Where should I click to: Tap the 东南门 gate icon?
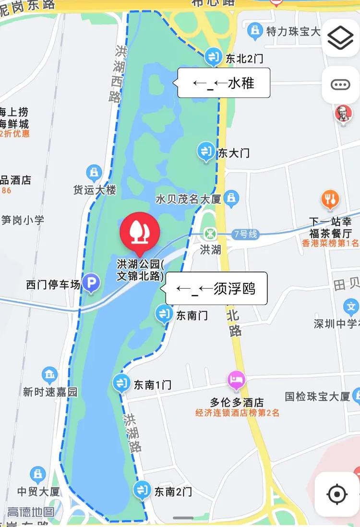click(164, 314)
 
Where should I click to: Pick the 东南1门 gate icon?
click(120, 383)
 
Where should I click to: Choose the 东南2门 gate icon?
click(142, 490)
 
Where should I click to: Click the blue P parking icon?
click(90, 283)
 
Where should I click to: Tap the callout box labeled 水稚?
click(224, 83)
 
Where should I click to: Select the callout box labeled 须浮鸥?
click(216, 288)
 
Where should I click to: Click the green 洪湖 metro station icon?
click(210, 234)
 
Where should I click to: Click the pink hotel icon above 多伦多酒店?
click(237, 380)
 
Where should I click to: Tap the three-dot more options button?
click(340, 85)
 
